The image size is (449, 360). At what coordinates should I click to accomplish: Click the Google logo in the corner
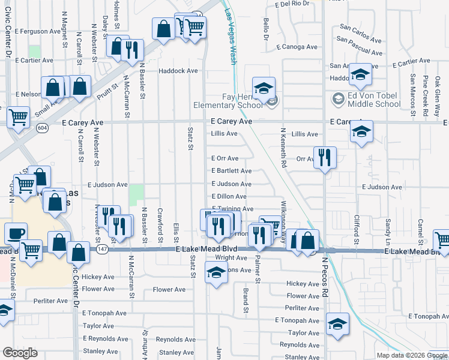[20, 353]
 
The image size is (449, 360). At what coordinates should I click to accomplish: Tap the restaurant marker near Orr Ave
[324, 158]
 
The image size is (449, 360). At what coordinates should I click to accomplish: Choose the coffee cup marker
[16, 233]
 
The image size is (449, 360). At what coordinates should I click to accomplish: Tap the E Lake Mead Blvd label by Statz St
[202, 249]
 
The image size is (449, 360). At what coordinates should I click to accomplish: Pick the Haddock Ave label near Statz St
[178, 71]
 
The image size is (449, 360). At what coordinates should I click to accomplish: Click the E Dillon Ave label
[229, 196]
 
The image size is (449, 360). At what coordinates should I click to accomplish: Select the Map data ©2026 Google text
[411, 355]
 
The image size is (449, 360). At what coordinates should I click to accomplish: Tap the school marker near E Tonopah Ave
[337, 324]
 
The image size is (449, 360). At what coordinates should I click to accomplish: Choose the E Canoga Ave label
[297, 47]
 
